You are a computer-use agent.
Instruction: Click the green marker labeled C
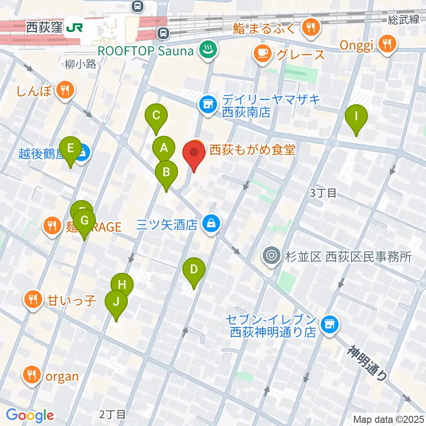[x=156, y=116]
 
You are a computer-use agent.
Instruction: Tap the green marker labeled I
[x=356, y=117]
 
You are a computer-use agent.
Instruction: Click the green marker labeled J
[x=116, y=303]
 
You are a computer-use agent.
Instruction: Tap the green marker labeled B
[x=166, y=172]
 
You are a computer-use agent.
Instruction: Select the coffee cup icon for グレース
[x=262, y=54]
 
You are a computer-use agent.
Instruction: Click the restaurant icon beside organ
[x=31, y=376]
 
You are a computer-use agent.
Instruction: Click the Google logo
[x=30, y=415]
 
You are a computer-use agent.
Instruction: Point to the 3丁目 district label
[x=323, y=193]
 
